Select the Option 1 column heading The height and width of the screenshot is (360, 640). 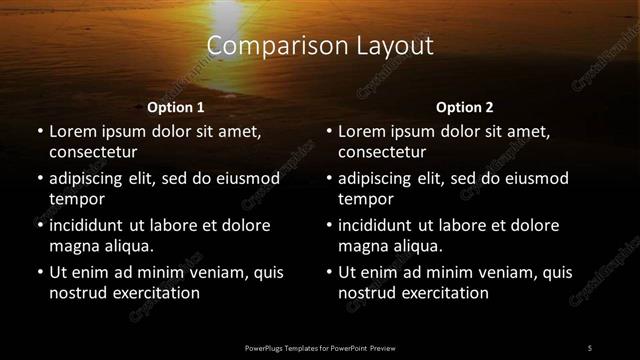pos(176,107)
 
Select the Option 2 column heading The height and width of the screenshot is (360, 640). pos(465,107)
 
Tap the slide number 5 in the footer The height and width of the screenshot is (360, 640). pos(589,348)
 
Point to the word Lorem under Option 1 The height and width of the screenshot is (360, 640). pos(72,131)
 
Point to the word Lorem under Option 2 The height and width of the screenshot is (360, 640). pos(362,131)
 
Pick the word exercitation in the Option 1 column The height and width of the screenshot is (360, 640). pos(152,293)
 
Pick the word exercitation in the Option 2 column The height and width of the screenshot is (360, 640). pos(442,293)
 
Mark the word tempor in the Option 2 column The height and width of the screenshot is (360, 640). pos(366,199)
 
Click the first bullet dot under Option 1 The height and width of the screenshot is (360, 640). pos(38,132)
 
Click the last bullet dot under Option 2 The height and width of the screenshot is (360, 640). pos(328,273)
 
